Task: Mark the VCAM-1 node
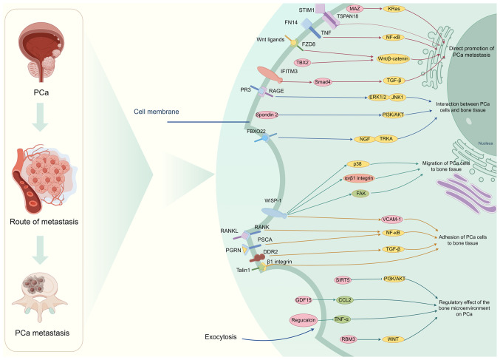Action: pyautogui.click(x=391, y=219)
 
